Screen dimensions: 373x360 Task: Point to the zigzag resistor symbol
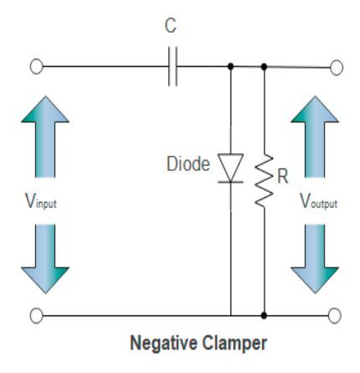265,179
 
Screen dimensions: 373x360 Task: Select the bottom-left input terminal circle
35,315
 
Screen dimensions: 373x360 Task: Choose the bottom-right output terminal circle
337,315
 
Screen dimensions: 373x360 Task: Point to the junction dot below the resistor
265,315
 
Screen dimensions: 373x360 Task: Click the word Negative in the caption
157,345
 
